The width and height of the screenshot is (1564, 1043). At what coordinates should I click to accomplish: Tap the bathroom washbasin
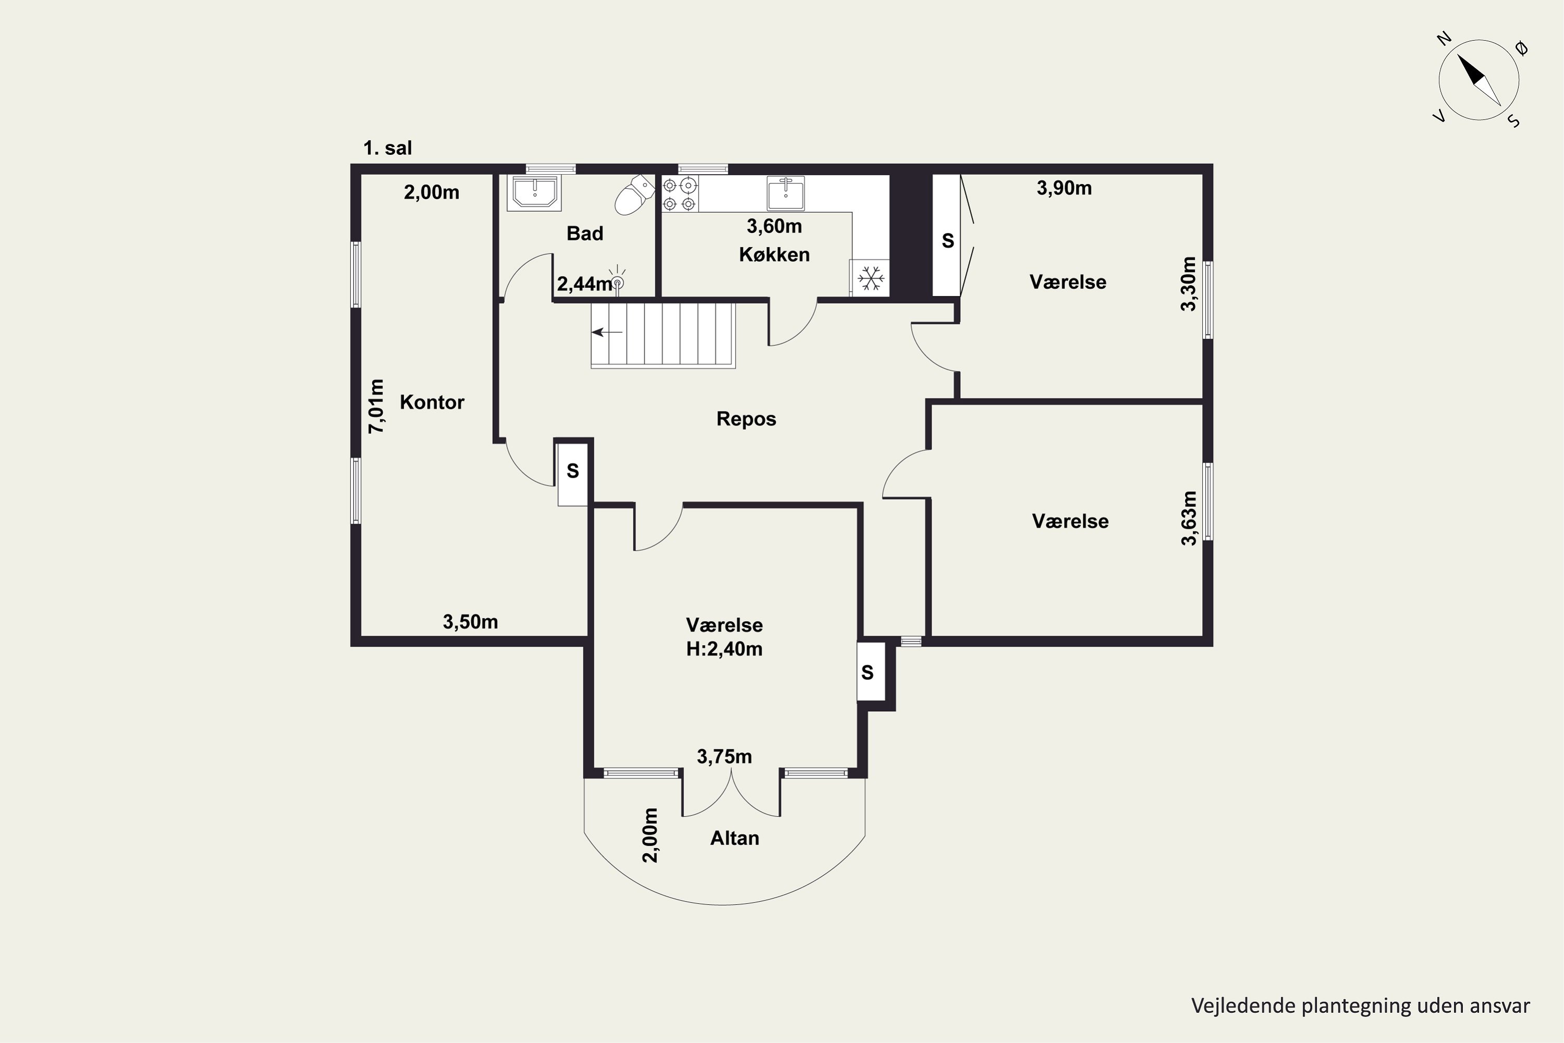tap(534, 193)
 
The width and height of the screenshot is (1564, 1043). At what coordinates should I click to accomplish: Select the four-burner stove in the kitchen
tap(680, 194)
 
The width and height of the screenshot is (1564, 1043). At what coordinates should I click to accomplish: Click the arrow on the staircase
tap(607, 332)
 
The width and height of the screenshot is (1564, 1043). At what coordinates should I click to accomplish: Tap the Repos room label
tap(746, 419)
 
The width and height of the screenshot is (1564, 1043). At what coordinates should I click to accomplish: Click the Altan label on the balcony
tap(735, 838)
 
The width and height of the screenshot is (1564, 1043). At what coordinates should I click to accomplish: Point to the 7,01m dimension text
tap(376, 406)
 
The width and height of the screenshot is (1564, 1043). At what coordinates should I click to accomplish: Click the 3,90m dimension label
tap(1064, 188)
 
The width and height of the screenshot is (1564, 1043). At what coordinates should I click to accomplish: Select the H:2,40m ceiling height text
tap(724, 649)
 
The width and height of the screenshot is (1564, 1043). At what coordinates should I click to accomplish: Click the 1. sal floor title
tap(388, 148)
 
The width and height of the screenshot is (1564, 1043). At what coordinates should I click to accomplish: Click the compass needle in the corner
tap(1480, 80)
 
